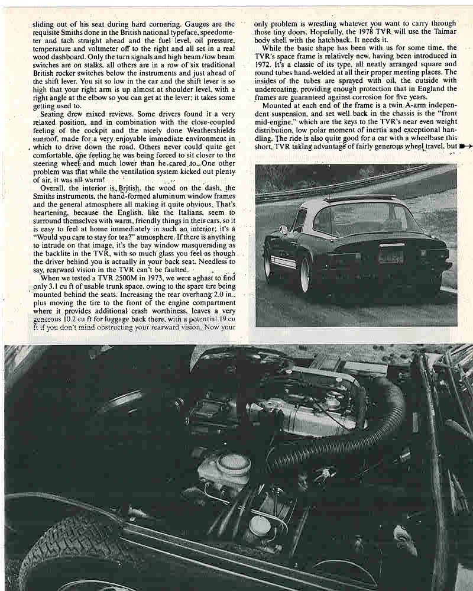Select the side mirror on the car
point(283,230)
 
